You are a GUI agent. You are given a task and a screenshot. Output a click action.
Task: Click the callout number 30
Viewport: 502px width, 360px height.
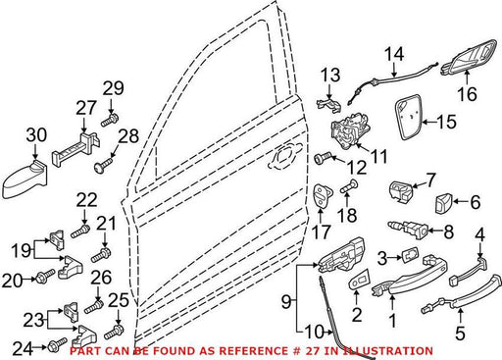(36, 135)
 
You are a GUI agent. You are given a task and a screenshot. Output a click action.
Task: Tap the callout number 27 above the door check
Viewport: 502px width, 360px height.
(86, 108)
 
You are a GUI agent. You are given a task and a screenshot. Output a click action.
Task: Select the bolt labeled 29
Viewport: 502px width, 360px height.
(110, 120)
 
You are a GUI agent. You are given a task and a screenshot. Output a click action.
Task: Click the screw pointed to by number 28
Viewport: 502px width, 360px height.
(103, 164)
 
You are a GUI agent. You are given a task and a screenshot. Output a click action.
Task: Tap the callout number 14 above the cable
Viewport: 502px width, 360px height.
(394, 54)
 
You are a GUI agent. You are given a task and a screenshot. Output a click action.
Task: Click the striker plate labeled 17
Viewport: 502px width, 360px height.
(321, 195)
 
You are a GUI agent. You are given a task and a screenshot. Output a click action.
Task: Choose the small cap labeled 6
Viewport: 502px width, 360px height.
(443, 203)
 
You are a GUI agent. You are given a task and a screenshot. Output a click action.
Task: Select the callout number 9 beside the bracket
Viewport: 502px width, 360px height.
(286, 301)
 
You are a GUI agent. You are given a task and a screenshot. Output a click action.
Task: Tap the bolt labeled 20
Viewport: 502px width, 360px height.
(45, 277)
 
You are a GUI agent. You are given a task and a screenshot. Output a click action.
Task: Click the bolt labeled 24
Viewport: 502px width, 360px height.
(57, 345)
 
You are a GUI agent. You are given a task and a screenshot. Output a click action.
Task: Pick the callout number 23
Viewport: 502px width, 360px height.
(33, 320)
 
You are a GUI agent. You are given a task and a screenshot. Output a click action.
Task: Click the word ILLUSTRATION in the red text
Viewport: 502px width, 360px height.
(388, 351)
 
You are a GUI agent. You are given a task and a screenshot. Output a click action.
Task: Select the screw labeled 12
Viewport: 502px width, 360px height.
(324, 158)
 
